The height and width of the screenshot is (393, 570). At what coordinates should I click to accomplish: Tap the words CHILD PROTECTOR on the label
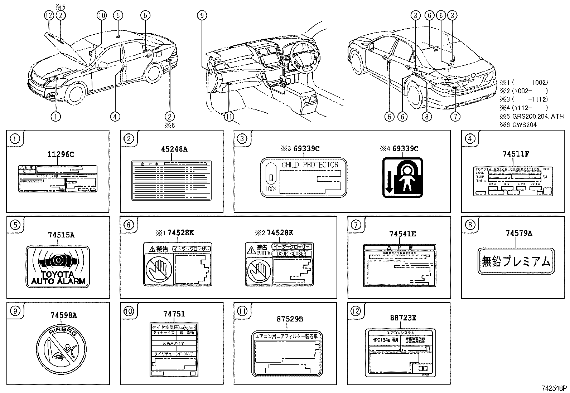pos(310,165)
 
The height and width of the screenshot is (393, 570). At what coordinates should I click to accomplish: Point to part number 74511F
pos(516,154)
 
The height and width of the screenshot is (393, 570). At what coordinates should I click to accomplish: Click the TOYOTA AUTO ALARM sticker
pos(58,266)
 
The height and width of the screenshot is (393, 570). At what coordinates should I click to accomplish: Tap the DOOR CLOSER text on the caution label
pos(291,254)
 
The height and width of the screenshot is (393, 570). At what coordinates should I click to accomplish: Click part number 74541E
pos(402,234)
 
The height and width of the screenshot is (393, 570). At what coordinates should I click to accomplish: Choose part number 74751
pos(174,314)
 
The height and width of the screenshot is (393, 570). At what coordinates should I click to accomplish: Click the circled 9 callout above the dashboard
pos(202,15)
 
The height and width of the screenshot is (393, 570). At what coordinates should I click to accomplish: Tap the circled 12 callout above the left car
pos(49,15)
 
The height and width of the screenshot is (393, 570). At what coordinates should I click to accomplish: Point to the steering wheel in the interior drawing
pos(299,57)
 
